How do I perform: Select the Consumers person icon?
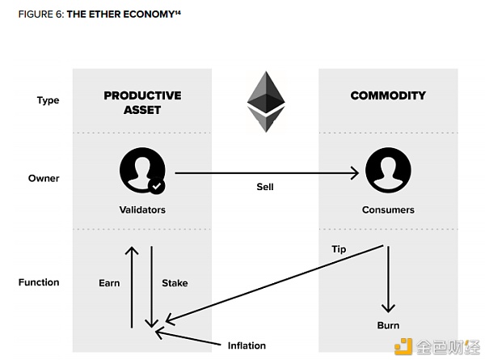tap(387, 172)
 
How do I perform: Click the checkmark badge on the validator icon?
tap(157, 186)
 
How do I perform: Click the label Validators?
tap(141, 210)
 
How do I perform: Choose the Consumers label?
tap(388, 210)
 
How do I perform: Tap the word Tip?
tap(339, 249)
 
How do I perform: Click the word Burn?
tap(388, 325)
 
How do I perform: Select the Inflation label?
tap(246, 345)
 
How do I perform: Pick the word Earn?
tap(109, 283)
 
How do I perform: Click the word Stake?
tap(175, 283)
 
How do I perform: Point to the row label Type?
tap(48, 101)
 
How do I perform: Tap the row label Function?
tap(39, 282)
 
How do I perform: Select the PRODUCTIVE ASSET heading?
tap(141, 102)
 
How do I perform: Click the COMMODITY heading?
tap(388, 95)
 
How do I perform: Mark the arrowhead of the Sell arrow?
tap(355, 172)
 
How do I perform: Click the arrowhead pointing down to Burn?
tap(388, 307)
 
